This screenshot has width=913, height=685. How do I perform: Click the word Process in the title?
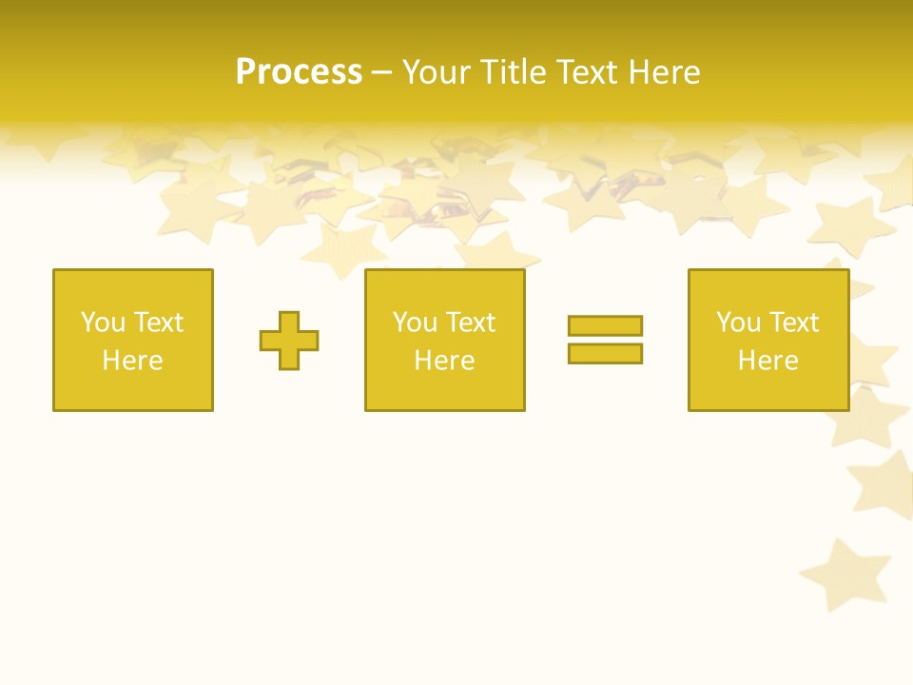coord(299,72)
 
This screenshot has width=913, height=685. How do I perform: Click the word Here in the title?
coord(667,72)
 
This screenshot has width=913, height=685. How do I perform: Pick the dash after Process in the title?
coord(381,73)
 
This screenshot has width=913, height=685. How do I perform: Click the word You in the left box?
coord(103,323)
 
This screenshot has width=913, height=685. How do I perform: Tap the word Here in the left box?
coord(132,361)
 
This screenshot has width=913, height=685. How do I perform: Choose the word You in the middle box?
coord(415,323)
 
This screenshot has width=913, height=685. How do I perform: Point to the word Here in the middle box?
coord(444,361)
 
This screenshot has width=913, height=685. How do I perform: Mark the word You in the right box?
coord(738,323)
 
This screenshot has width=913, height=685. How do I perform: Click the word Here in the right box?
coord(767,361)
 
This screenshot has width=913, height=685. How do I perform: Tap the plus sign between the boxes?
coord(289,341)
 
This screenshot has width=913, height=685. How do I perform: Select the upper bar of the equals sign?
coord(605,325)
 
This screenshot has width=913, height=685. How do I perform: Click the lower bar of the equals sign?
coord(605,353)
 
